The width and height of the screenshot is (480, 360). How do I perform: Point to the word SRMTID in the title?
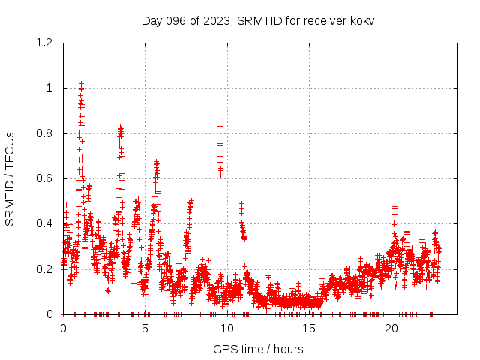(x=257, y=20)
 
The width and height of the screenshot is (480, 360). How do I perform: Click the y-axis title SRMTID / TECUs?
(x=10, y=178)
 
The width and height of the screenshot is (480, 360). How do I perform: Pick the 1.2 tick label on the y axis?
(x=43, y=43)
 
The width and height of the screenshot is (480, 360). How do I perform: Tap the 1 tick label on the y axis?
(x=49, y=88)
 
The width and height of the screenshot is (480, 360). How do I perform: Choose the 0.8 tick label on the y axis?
(x=43, y=133)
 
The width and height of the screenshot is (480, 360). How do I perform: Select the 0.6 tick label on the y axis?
(x=43, y=178)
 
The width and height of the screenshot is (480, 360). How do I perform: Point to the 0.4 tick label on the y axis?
(x=43, y=223)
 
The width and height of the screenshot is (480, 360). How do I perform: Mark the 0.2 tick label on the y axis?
(x=43, y=268)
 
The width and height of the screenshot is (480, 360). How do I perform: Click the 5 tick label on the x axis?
(x=145, y=328)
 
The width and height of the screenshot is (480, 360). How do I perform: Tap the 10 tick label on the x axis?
(x=227, y=328)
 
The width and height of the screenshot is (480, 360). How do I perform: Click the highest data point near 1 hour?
(x=81, y=84)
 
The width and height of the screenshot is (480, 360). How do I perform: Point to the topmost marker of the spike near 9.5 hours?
(x=220, y=126)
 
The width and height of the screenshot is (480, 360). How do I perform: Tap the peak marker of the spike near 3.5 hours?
(x=120, y=127)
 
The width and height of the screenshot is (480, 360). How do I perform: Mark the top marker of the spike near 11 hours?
(x=241, y=203)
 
